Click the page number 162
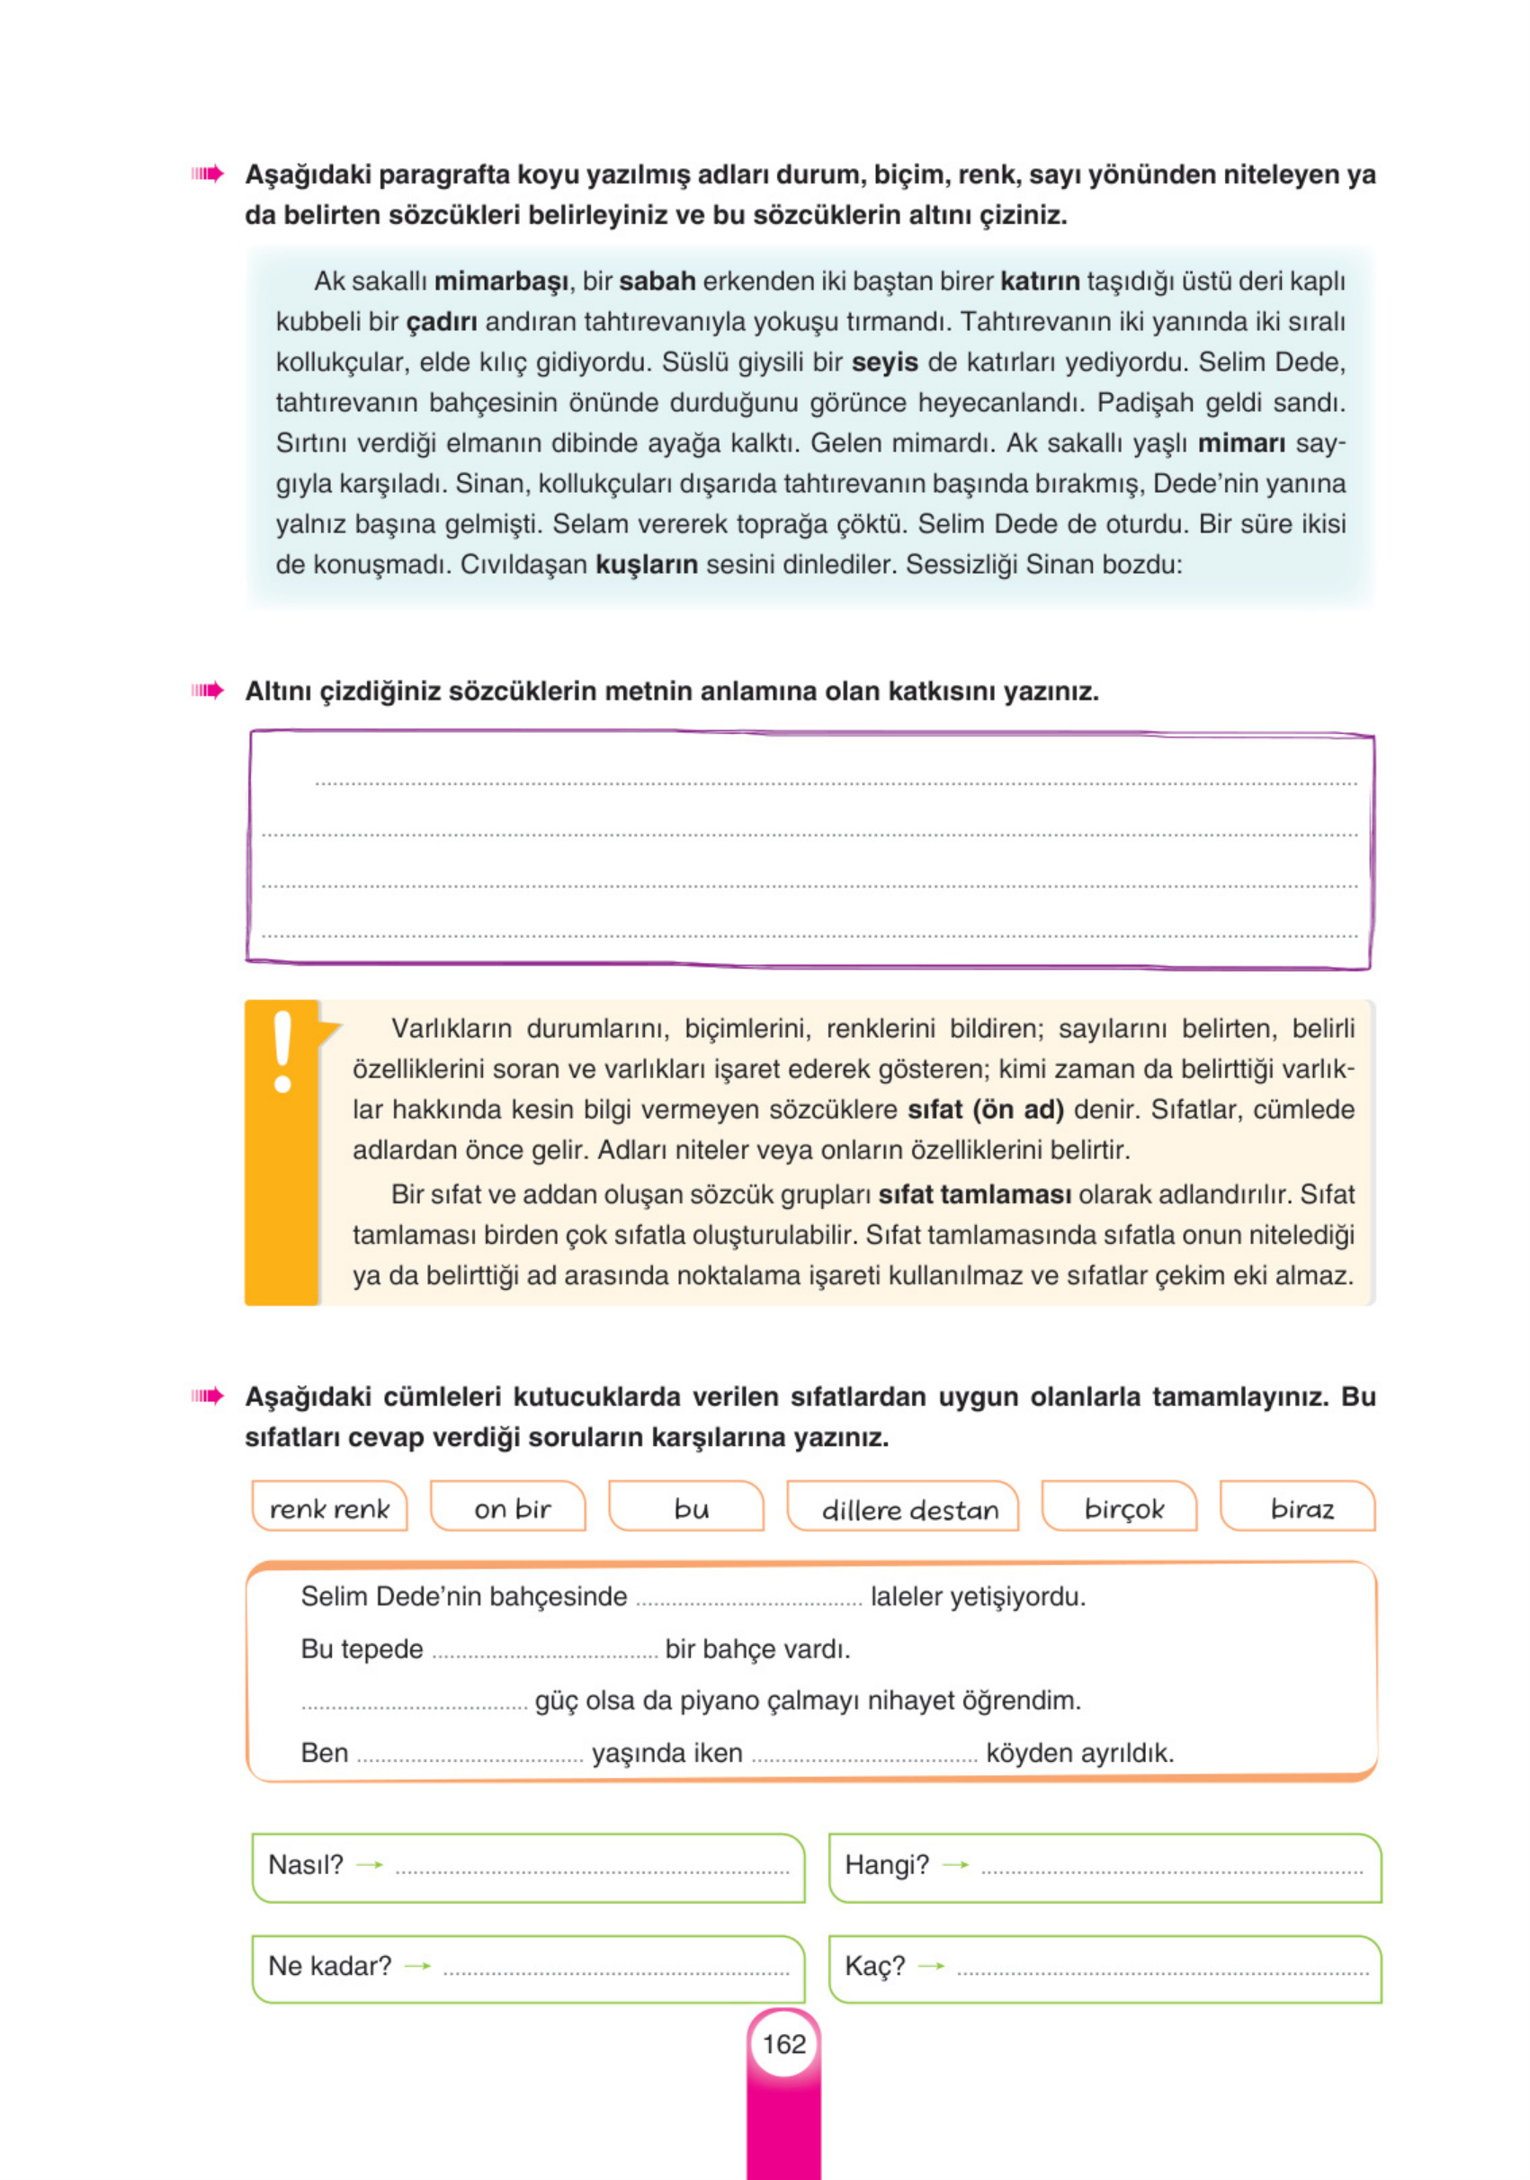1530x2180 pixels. click(x=783, y=2043)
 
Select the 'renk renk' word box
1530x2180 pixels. click(x=328, y=1509)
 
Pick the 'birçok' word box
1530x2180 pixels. click(x=1123, y=1509)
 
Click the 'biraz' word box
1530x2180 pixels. click(x=1302, y=1509)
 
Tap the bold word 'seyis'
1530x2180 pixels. click(x=884, y=362)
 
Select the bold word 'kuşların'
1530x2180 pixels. click(x=646, y=565)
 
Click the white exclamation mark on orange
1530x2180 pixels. click(x=282, y=1052)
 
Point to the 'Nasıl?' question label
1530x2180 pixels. click(x=305, y=1864)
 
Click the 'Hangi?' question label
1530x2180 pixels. click(x=886, y=1864)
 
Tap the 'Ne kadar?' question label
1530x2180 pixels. click(x=328, y=1965)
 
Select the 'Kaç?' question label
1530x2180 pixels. click(x=873, y=1965)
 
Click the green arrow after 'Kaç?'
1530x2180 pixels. click(x=931, y=1965)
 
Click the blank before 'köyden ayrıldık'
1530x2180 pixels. click(x=864, y=1755)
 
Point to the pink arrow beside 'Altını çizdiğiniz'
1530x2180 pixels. click(x=207, y=691)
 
